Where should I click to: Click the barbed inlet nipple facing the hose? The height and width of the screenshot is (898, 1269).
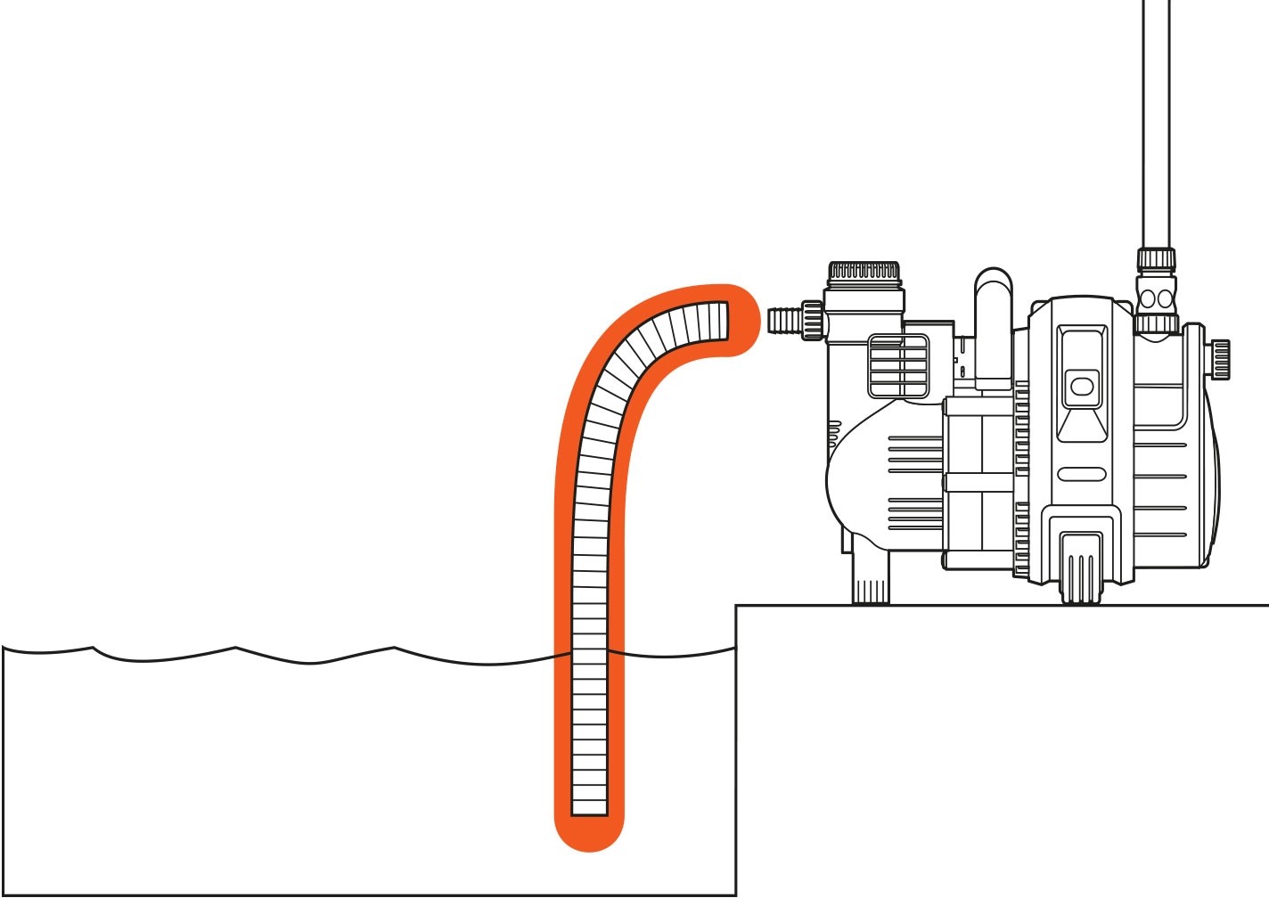click(783, 319)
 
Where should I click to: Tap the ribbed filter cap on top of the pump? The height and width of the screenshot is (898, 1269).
click(864, 271)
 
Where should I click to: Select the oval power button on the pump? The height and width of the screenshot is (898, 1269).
click(1081, 387)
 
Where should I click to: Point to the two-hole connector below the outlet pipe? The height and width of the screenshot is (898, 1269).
click(1156, 297)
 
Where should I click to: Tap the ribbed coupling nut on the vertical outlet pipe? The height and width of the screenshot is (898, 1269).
click(1156, 259)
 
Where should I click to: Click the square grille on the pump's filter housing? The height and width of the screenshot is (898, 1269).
click(897, 365)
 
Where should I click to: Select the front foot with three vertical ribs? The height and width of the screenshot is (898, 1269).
click(1080, 570)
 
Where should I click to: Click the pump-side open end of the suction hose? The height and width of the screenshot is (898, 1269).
click(722, 321)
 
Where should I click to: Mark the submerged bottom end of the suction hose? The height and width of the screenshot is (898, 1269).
click(589, 806)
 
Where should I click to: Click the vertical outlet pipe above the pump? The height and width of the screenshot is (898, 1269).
click(1156, 116)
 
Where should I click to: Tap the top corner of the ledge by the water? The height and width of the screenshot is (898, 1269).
click(737, 607)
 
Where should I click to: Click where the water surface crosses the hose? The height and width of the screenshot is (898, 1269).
click(589, 657)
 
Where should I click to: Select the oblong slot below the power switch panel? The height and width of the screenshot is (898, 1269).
click(1081, 474)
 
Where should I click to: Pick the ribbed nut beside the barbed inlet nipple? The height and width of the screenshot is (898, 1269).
click(812, 319)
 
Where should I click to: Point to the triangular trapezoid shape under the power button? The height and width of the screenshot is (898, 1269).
click(1081, 423)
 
